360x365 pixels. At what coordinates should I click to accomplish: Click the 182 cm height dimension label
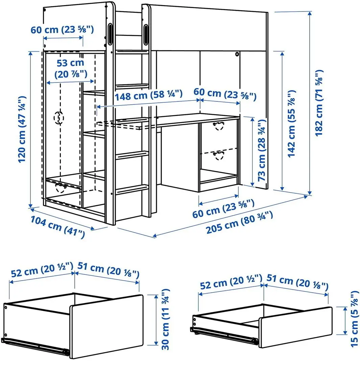[318, 103]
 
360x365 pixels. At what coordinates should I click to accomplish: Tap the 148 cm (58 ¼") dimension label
[148, 96]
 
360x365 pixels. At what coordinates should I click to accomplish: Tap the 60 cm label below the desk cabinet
[223, 213]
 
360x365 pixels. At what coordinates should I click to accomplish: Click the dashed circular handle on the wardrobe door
[59, 118]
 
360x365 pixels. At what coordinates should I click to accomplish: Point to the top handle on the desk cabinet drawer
[219, 126]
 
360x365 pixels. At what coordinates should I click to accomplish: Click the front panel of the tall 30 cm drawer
[106, 326]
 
